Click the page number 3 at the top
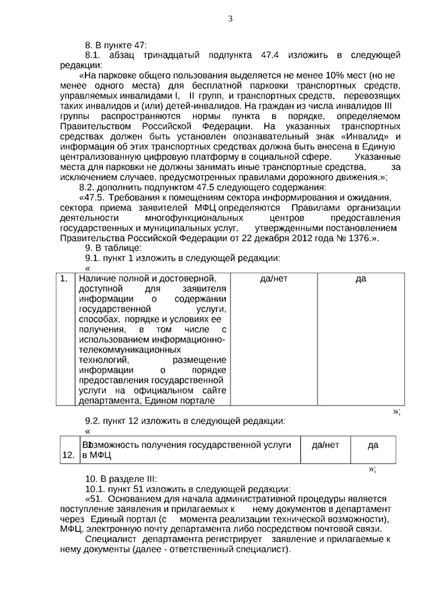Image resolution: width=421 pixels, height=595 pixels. coord(230,19)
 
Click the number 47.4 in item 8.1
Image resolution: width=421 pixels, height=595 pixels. coord(270,55)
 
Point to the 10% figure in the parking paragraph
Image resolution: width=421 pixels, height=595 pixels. coord(336,75)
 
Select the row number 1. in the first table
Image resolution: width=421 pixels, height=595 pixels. coord(64,279)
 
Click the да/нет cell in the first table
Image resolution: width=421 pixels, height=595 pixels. coord(274,279)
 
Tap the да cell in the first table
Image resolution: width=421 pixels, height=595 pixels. coord(361,279)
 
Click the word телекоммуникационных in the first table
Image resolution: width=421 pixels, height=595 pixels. coord(130,350)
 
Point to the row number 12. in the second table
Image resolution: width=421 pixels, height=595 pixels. coord(68,455)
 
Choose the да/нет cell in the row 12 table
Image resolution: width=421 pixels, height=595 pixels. coord(325,445)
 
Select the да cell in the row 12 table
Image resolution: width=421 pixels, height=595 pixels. coord(373,445)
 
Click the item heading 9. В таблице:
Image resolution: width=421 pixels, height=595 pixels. coord(113,248)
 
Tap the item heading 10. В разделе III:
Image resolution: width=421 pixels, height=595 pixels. coord(121,479)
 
